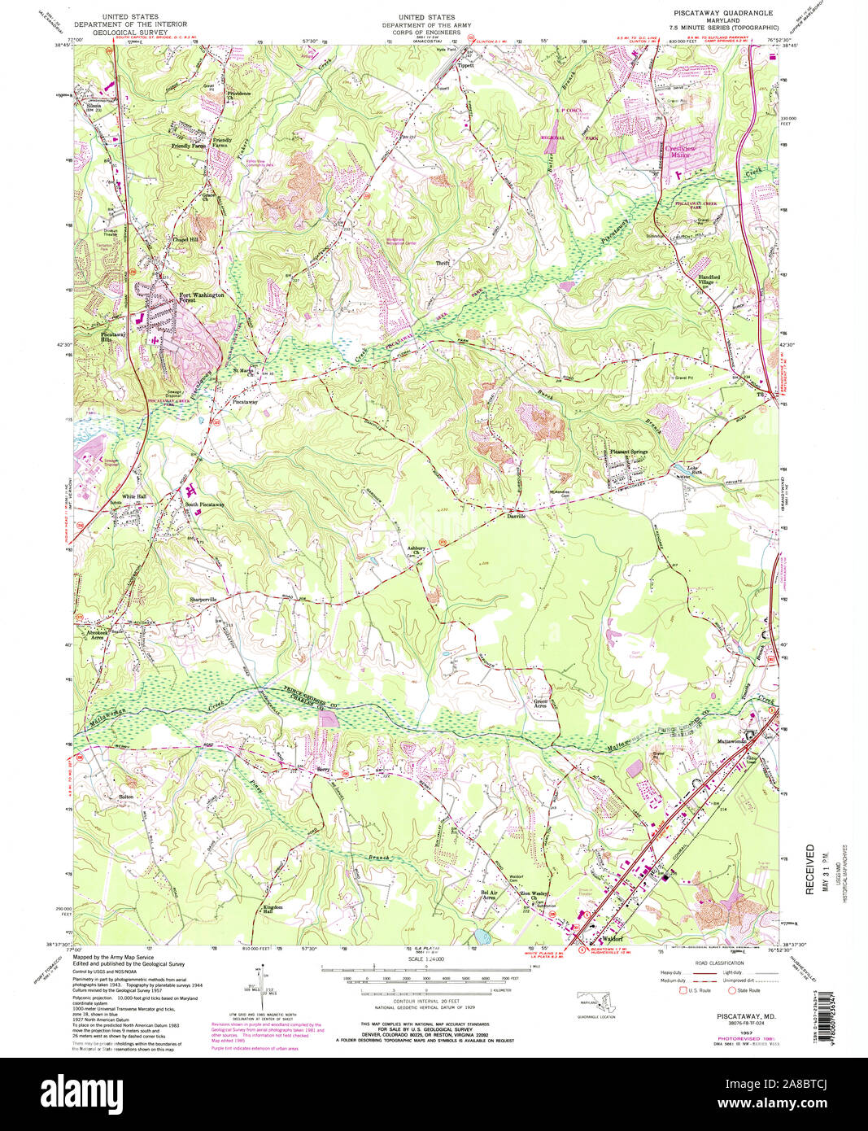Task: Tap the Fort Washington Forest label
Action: click(201, 298)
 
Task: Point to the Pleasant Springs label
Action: click(629, 452)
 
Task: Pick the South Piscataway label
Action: click(204, 504)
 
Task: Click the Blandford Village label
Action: click(716, 279)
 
